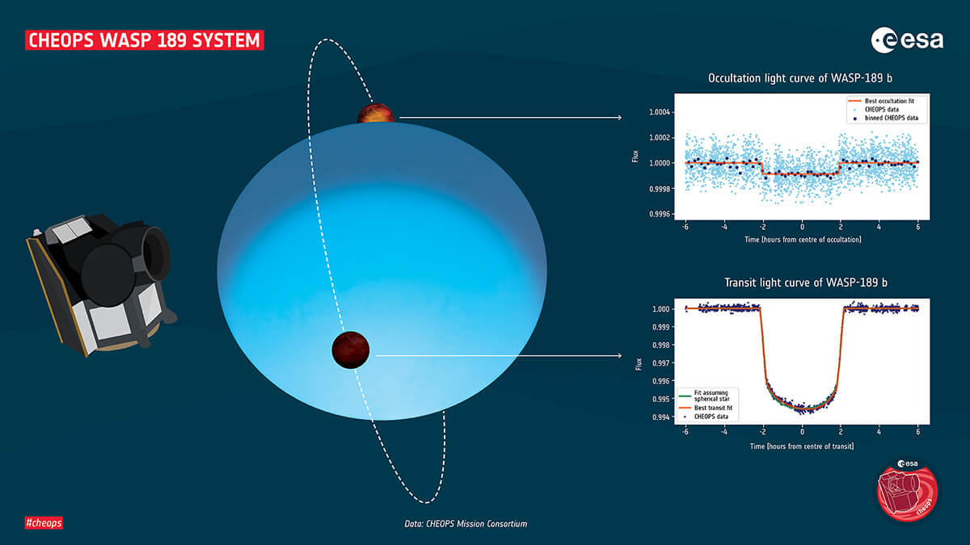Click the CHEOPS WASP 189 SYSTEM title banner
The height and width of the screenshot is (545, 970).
tap(145, 40)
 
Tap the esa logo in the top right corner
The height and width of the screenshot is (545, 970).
tap(907, 40)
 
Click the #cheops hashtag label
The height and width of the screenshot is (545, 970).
tap(44, 522)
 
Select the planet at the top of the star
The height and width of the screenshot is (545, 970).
tap(376, 114)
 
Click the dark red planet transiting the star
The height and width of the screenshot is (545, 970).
tap(351, 350)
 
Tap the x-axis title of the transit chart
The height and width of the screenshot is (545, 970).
tap(803, 446)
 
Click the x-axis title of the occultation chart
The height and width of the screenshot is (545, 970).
tap(803, 240)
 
